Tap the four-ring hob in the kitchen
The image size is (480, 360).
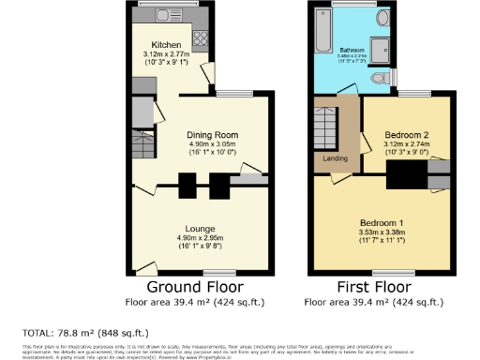pos(200,38)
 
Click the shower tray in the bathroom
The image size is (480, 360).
pos(381,49)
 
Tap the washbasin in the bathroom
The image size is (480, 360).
pos(382,18)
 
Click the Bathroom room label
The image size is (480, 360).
pos(352,49)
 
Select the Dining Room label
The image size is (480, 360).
pos(201,134)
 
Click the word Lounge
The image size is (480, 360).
pos(201,229)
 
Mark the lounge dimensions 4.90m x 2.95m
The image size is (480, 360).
pos(201,238)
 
